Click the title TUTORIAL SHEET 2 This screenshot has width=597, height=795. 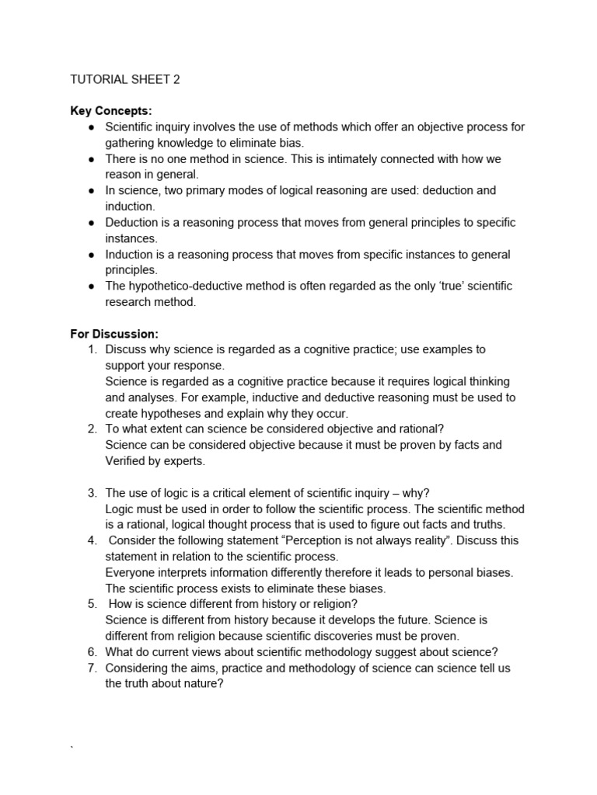(125, 78)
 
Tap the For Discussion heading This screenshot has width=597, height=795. (114, 334)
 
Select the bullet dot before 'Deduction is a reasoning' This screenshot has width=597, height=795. (91, 223)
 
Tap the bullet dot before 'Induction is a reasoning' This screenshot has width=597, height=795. (91, 255)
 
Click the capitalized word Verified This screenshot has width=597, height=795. (127, 461)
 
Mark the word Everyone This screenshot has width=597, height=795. (131, 572)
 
